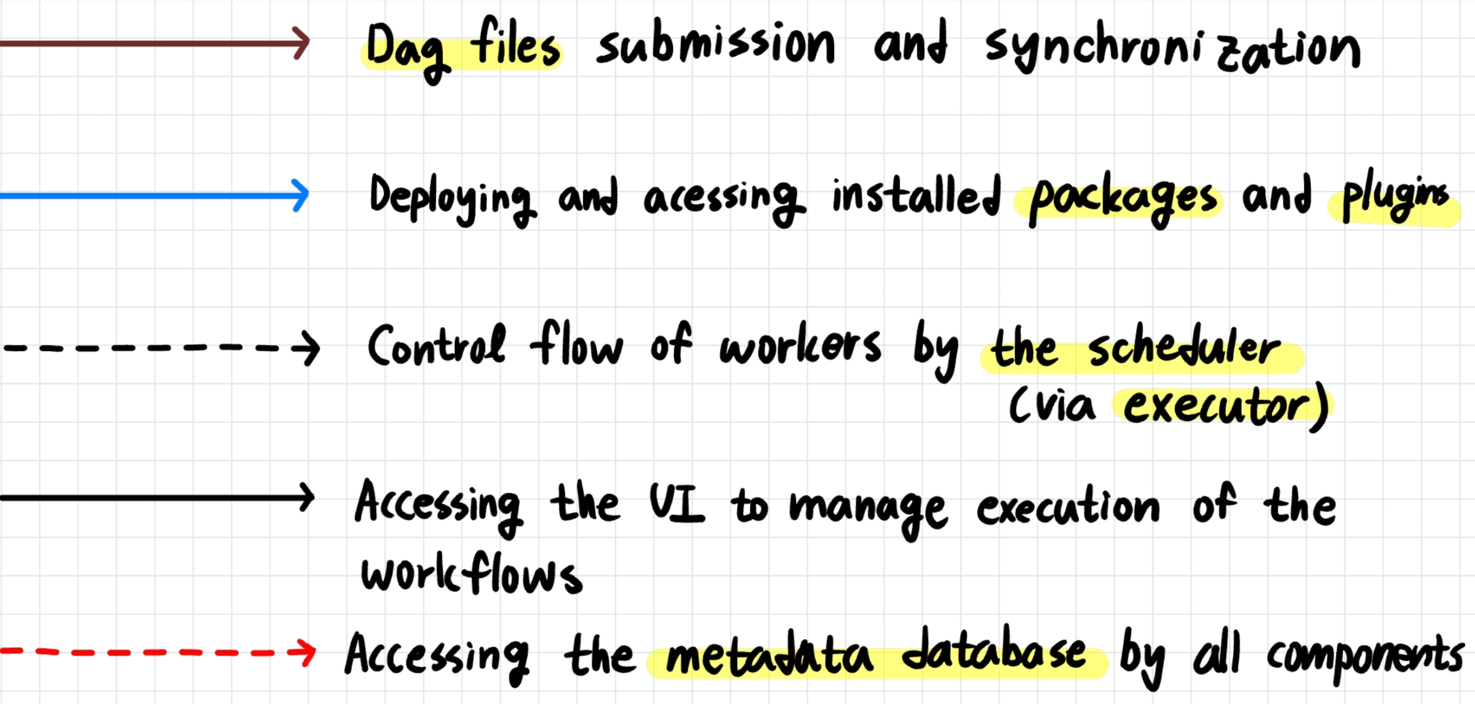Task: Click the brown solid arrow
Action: click(154, 43)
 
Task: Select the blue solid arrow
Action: click(154, 195)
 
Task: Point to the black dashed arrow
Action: click(160, 348)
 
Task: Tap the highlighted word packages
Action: click(1122, 199)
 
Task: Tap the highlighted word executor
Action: click(1216, 406)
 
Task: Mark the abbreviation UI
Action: click(677, 503)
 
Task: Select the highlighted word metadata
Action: click(769, 655)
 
